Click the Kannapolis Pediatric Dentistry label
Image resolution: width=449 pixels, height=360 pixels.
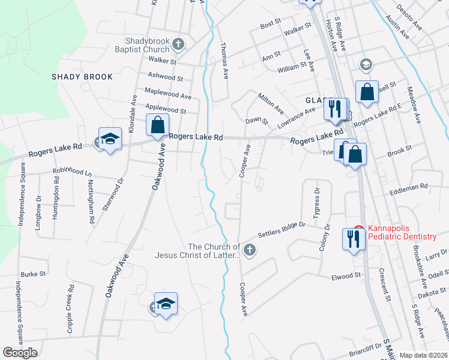(x=402, y=232)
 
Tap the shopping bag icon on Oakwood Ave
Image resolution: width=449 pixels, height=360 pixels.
(x=157, y=125)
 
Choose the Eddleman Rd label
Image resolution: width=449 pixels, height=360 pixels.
(x=408, y=187)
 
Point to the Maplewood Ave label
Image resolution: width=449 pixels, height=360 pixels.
(x=167, y=93)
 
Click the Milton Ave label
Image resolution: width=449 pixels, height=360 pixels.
(x=270, y=103)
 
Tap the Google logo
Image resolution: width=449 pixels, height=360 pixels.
(x=20, y=353)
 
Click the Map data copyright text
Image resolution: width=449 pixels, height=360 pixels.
(x=424, y=355)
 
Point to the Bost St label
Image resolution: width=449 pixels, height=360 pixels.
(x=271, y=24)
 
